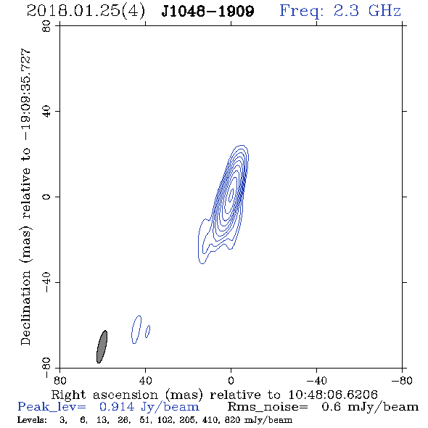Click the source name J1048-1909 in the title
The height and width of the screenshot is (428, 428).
click(207, 11)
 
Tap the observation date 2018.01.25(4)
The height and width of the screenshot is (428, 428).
click(86, 11)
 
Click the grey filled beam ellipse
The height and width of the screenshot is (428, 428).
click(102, 347)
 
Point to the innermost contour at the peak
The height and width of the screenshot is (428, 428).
click(231, 194)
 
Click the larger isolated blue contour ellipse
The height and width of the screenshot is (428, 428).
click(136, 329)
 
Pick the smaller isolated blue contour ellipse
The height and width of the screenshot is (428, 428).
click(148, 332)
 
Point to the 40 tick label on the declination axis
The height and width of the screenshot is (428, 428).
click(46, 112)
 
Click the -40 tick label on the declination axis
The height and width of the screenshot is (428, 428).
click(46, 282)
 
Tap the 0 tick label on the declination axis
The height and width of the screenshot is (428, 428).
click(46, 197)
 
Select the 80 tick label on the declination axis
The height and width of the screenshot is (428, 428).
click(46, 26)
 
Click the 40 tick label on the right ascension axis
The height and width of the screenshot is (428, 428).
click(145, 380)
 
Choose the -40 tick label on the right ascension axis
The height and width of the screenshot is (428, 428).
click(316, 380)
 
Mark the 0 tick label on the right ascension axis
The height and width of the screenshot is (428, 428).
click(231, 380)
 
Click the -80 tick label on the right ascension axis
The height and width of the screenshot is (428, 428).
click(402, 380)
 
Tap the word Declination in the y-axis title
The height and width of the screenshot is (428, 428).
click(25, 308)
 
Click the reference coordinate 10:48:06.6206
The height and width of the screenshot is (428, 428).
click(333, 395)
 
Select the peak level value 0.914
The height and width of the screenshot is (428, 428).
click(117, 407)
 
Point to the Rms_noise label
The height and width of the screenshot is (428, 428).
click(268, 407)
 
